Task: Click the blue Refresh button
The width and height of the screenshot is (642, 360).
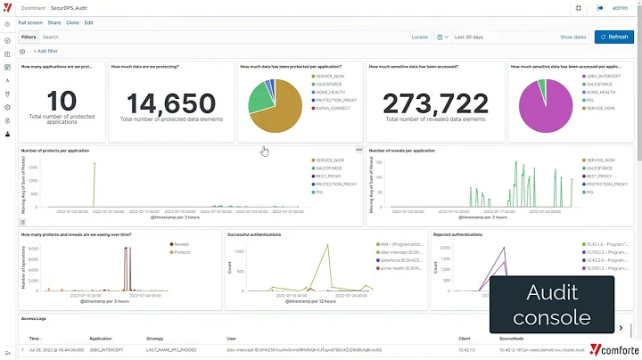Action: click(613, 37)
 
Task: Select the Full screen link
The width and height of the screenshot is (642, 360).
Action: click(29, 22)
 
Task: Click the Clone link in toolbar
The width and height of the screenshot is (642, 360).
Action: click(71, 22)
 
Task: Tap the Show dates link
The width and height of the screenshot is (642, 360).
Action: click(572, 37)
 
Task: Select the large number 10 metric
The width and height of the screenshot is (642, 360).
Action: click(61, 101)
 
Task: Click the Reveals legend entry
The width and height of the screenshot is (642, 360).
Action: click(180, 242)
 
